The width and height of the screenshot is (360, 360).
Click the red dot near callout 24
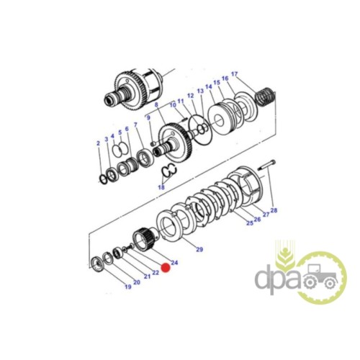click(x=166, y=268)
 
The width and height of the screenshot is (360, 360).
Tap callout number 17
click(x=235, y=74)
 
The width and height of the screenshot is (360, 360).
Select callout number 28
click(x=274, y=210)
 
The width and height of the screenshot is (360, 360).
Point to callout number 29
click(x=199, y=250)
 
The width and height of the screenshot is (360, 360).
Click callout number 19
click(x=128, y=287)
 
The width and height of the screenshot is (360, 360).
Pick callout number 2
click(x=98, y=143)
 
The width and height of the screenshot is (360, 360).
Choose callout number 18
click(x=161, y=187)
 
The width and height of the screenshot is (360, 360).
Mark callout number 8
click(x=156, y=104)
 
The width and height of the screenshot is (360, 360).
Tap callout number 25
click(x=250, y=223)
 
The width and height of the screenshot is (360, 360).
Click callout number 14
click(x=209, y=86)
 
